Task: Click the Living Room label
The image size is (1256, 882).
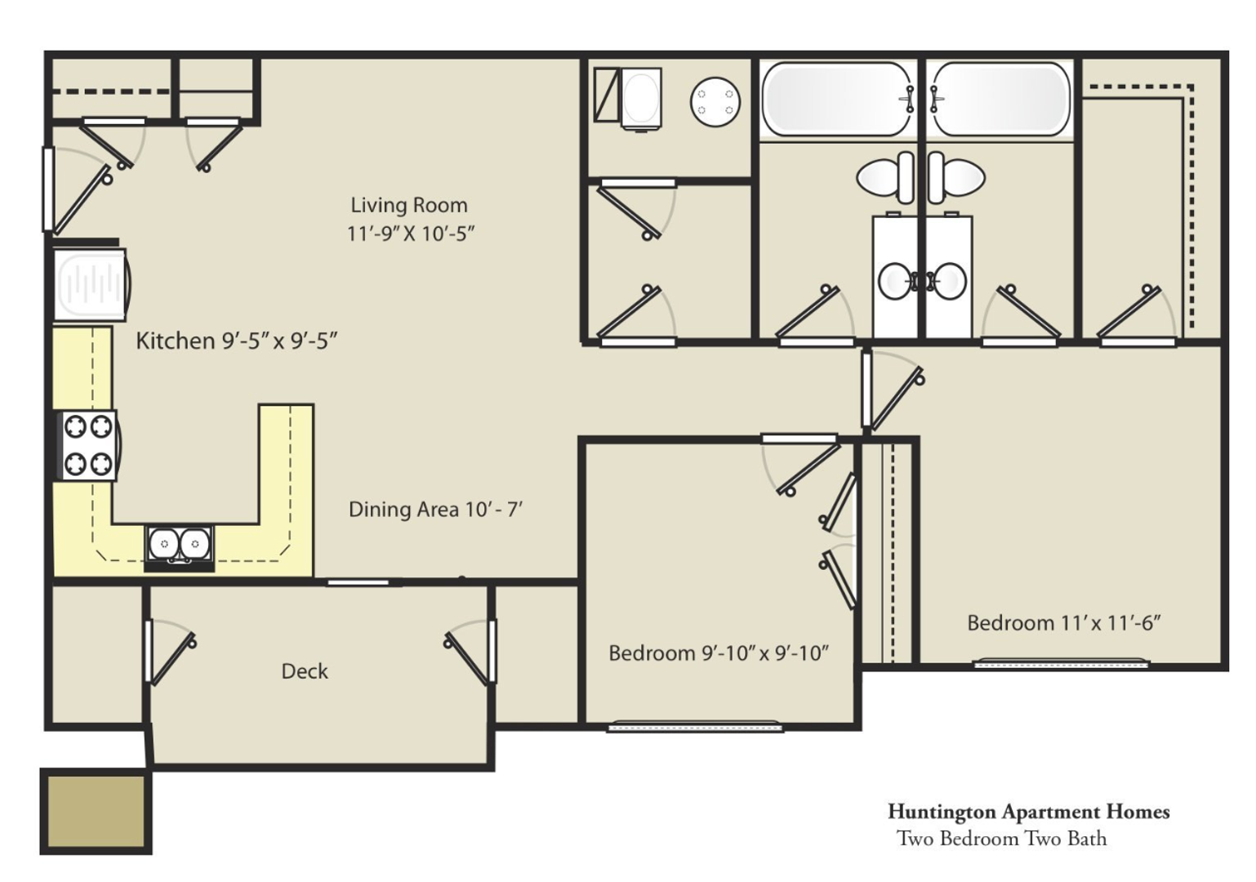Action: point(409,205)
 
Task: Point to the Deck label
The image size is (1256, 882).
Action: point(305,671)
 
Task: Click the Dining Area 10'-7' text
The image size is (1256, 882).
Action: point(435,510)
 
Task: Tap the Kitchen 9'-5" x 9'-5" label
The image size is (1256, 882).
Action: point(237,341)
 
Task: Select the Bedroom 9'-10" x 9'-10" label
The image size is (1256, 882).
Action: point(719,653)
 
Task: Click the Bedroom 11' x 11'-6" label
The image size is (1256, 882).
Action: point(1063,623)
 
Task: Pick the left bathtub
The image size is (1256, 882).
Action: point(838,100)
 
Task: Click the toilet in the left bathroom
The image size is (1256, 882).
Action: point(885,177)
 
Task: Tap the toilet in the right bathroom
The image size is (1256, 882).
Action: point(956,177)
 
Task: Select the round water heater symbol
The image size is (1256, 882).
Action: point(715,102)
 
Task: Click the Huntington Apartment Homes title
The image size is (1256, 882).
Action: point(1028,812)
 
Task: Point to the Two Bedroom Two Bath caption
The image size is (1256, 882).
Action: point(1002,839)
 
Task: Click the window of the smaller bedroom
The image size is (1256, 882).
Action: point(695,727)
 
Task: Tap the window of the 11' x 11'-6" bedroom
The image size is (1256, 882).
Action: point(1060,664)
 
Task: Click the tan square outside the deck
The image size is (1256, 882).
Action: point(96,811)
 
